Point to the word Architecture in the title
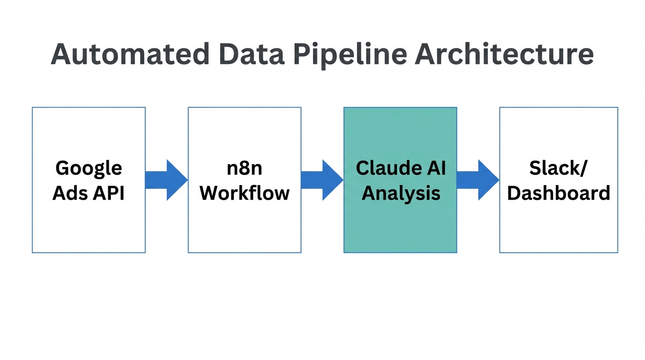(x=504, y=54)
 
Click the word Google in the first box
(x=89, y=168)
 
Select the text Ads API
(x=89, y=193)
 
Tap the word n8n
(x=244, y=168)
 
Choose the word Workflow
(x=244, y=193)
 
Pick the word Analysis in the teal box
(x=401, y=193)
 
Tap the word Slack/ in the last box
(x=558, y=168)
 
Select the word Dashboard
(x=558, y=193)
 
